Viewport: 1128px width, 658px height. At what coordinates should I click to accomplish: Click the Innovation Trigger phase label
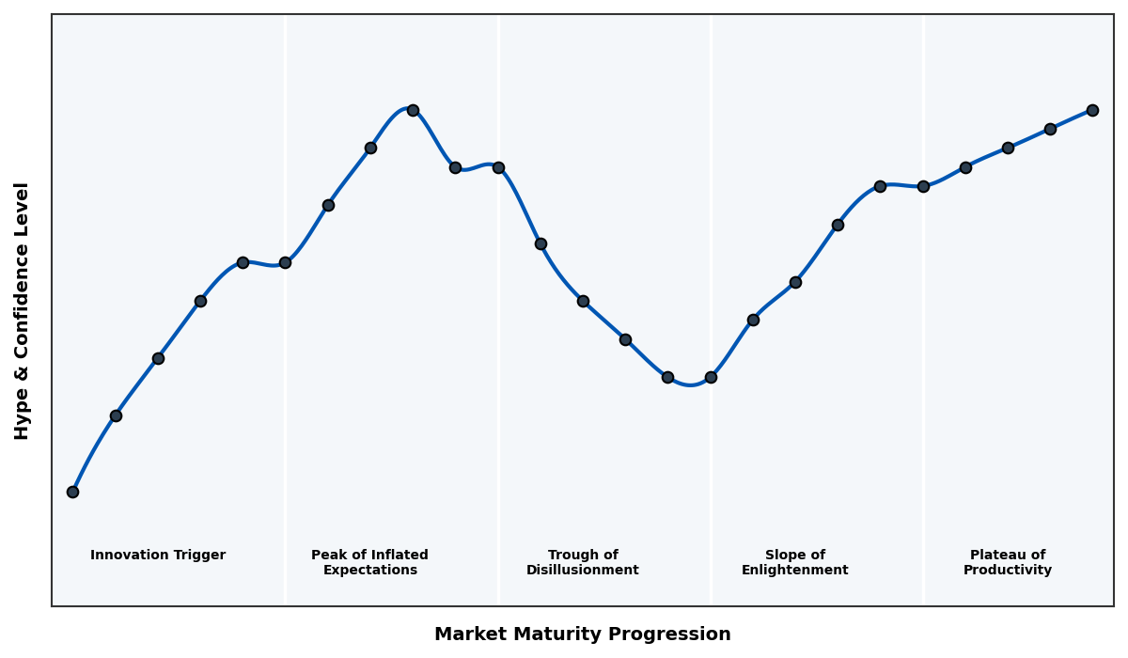click(158, 556)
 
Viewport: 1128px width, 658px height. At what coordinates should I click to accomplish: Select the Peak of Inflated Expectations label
click(369, 563)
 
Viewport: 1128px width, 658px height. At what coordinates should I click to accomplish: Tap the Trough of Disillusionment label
click(583, 563)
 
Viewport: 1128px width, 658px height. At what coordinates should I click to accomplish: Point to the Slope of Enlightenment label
click(795, 563)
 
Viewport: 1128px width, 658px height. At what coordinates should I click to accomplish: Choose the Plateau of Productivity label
click(1008, 563)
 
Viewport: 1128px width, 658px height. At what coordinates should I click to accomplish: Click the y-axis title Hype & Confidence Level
click(23, 310)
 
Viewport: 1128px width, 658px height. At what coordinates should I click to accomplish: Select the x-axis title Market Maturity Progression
click(583, 634)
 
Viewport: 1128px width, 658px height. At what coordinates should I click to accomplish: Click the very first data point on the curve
click(72, 492)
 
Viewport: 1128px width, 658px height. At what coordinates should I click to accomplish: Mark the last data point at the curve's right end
click(1092, 110)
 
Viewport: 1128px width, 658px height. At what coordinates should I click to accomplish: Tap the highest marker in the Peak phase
click(413, 110)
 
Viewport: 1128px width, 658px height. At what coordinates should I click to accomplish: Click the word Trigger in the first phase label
click(200, 556)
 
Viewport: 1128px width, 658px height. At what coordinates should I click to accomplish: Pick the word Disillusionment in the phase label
click(583, 571)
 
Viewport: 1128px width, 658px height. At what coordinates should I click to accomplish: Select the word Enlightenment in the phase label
click(795, 571)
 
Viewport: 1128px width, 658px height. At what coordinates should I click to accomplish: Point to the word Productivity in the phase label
click(1008, 571)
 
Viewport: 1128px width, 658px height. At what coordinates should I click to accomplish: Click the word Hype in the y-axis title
click(23, 419)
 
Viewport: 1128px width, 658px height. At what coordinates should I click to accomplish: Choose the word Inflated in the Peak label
click(398, 556)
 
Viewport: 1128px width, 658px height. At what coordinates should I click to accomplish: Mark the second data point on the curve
click(116, 415)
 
